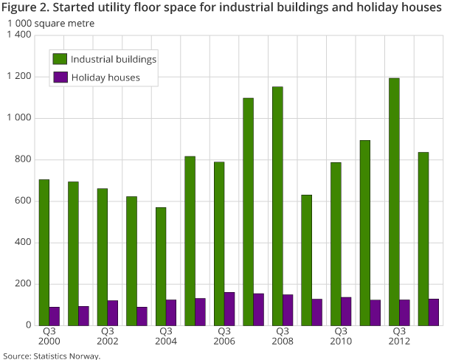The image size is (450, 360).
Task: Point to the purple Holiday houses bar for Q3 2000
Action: [55, 316]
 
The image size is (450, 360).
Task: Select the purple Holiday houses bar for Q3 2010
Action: [346, 311]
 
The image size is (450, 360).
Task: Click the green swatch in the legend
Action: [60, 59]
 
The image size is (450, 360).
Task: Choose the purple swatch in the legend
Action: [60, 77]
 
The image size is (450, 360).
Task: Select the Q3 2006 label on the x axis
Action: [224, 336]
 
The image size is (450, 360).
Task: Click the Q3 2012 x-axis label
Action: [400, 336]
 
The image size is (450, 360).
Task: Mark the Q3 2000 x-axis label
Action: [49, 336]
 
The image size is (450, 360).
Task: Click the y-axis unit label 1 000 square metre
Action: [52, 23]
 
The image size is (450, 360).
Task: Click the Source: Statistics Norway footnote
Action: [51, 355]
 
